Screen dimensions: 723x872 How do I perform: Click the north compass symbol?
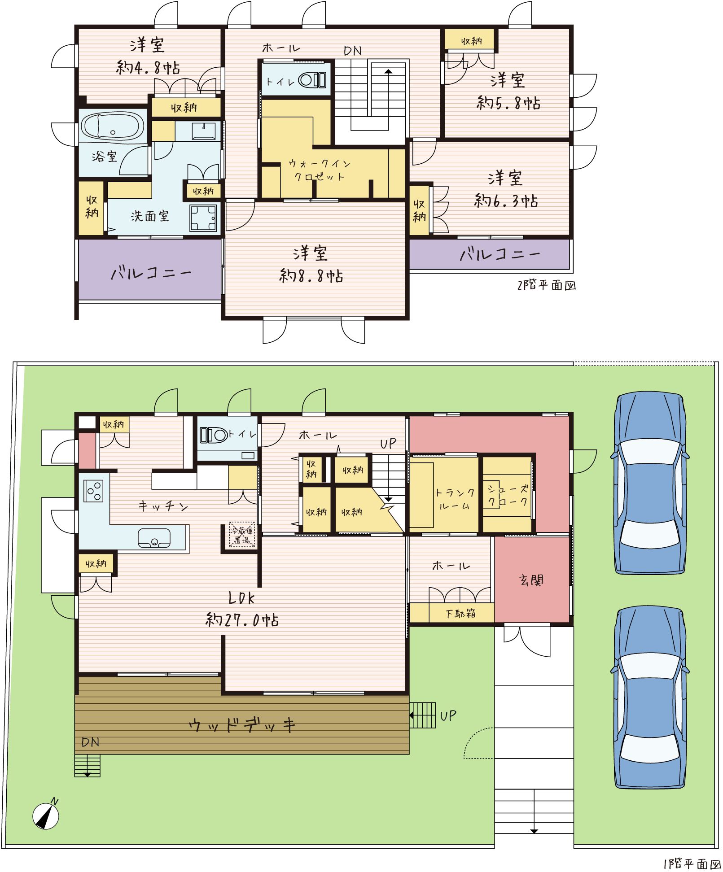[x=46, y=815]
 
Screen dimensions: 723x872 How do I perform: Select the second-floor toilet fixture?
[x=313, y=80]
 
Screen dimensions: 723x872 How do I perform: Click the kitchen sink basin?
[x=154, y=538]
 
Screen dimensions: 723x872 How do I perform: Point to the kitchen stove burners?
[x=93, y=491]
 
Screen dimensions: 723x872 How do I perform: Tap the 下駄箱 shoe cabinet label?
[x=460, y=613]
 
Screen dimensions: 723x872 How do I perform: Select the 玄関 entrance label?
[x=531, y=580]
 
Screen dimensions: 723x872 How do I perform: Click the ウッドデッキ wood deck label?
[x=242, y=725]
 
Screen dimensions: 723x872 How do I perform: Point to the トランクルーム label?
[x=455, y=499]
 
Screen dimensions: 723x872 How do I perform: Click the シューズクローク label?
[x=508, y=495]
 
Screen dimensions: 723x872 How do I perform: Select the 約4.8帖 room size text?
[x=148, y=67]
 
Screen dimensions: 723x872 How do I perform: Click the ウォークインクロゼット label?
[x=319, y=170]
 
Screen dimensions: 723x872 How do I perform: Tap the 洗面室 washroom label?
[x=150, y=216]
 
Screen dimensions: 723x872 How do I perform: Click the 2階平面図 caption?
[x=547, y=285]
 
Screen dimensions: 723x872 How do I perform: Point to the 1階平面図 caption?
[x=692, y=863]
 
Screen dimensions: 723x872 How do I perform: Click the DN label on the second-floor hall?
[x=353, y=51]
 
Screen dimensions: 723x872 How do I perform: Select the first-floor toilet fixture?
[x=214, y=435]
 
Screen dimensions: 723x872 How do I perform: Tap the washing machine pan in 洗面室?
[x=203, y=218]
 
